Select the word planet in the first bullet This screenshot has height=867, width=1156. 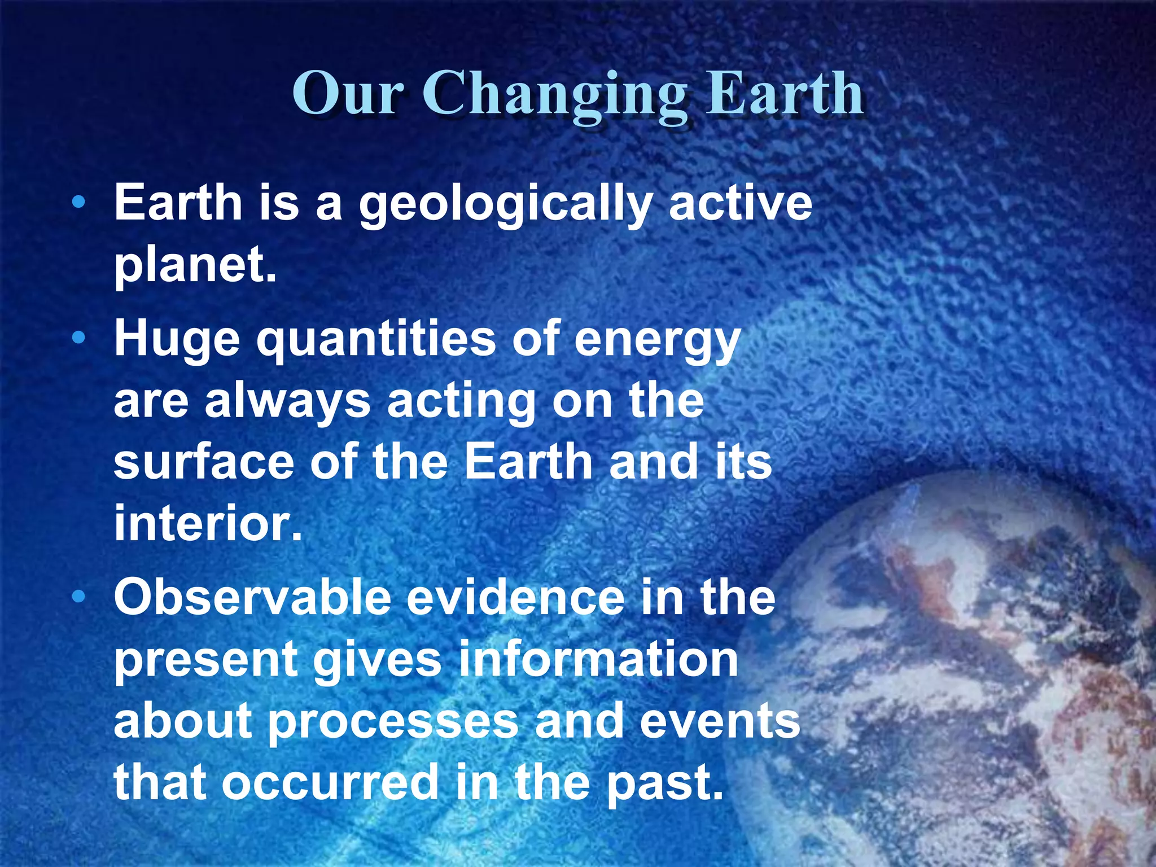(190, 265)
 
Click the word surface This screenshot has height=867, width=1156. (204, 462)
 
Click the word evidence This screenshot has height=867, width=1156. (515, 598)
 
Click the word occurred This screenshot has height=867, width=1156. (330, 783)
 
